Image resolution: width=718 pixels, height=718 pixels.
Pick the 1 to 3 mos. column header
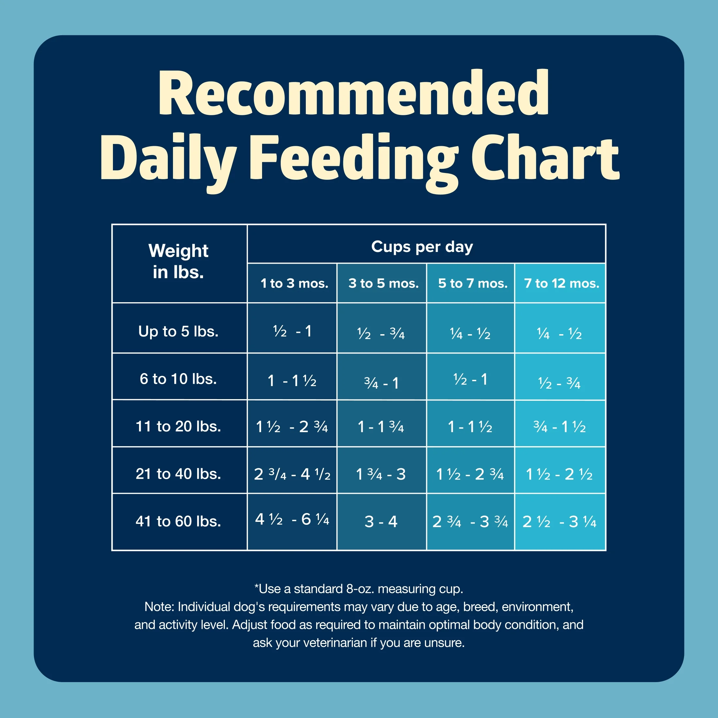click(x=294, y=283)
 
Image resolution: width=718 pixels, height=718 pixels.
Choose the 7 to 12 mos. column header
click(x=561, y=283)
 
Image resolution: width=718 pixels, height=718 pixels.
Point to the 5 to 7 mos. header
click(x=472, y=283)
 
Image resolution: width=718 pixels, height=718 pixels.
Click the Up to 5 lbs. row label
click(x=179, y=331)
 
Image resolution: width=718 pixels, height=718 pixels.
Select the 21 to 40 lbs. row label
click(x=179, y=474)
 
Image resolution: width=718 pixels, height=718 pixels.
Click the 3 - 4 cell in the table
click(x=381, y=522)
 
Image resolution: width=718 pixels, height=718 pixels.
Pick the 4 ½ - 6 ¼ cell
click(x=292, y=519)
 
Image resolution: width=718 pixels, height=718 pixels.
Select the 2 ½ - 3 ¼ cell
click(x=559, y=522)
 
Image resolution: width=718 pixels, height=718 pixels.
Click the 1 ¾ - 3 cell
click(x=381, y=474)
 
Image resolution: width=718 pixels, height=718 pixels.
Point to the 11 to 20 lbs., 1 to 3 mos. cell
click(x=292, y=427)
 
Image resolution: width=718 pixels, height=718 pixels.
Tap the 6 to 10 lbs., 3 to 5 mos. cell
click(x=381, y=383)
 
